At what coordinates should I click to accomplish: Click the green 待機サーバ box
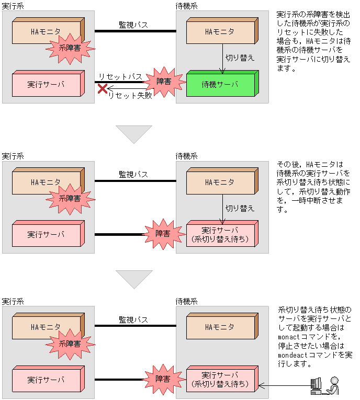click(x=220, y=85)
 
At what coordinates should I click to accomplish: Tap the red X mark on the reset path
click(x=103, y=89)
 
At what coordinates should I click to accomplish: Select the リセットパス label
click(x=120, y=77)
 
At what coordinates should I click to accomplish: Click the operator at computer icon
click(x=324, y=385)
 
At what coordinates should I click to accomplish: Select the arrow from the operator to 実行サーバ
click(x=285, y=386)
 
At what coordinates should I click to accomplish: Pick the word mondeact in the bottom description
click(x=293, y=355)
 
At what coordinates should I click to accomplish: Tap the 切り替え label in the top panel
click(x=239, y=58)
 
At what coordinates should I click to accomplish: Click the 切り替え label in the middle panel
click(x=240, y=208)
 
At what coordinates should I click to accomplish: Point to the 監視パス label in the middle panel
click(x=133, y=174)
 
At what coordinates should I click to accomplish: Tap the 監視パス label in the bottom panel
click(x=133, y=319)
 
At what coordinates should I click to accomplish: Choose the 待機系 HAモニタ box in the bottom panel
click(x=220, y=328)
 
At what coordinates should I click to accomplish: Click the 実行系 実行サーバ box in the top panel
click(x=46, y=85)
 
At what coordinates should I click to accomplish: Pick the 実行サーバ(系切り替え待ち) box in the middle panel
click(x=220, y=235)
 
